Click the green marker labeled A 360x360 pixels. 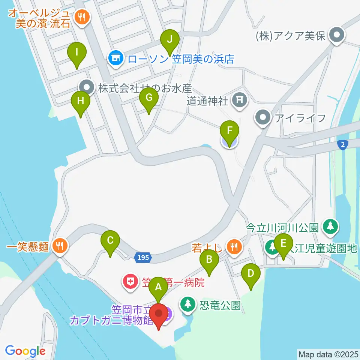coord(158,288)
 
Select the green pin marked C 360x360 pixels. coord(110,240)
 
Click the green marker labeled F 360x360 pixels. coord(229,131)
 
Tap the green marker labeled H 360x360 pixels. coord(81,101)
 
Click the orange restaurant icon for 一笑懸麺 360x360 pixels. coord(59,246)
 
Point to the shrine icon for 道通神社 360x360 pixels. coord(239,99)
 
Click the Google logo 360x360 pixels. coord(25,351)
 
